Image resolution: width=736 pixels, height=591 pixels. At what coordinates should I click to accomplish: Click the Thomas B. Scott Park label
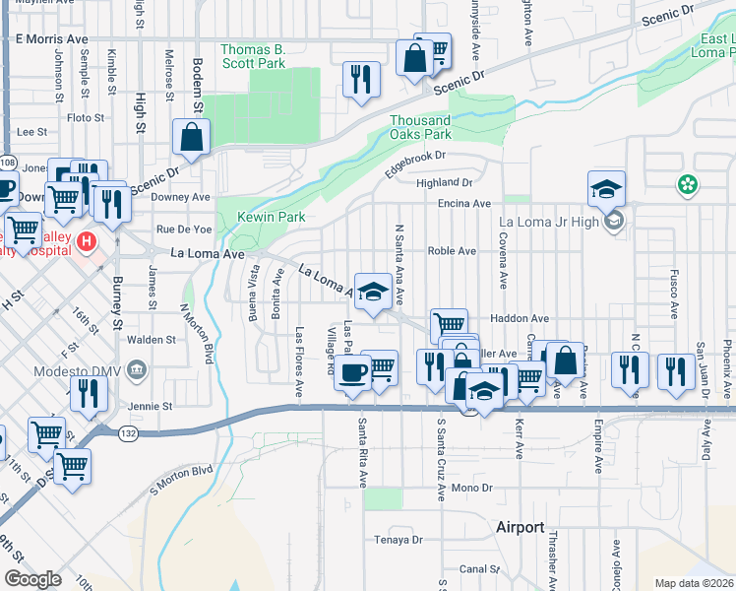point(253,56)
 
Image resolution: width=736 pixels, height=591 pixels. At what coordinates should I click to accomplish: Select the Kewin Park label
point(271,217)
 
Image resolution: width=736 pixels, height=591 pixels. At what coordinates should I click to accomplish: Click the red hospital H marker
point(88,240)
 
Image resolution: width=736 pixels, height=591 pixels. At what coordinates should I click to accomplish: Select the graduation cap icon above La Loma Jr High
point(607,188)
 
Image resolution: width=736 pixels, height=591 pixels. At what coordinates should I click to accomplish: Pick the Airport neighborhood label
point(520,528)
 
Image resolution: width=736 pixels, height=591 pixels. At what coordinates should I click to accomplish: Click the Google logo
point(32,578)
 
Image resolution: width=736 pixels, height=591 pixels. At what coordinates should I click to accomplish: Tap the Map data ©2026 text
point(694,583)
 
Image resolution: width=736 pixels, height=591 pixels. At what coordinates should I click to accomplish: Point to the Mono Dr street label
point(471,488)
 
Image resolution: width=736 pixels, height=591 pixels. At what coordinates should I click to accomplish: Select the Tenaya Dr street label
point(398,540)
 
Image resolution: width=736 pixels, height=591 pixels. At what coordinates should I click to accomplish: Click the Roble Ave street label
point(451,251)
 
